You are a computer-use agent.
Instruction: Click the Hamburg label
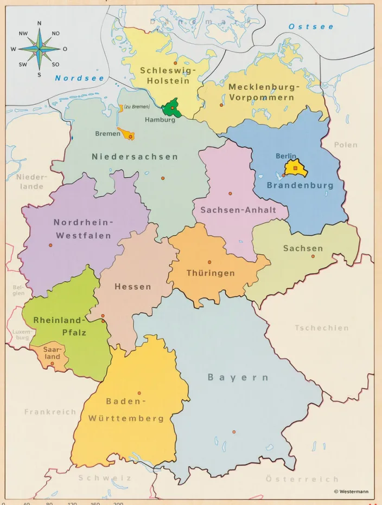pos(160,120)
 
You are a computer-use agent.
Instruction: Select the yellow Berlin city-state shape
pos(295,168)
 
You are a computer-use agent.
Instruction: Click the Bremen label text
pos(107,134)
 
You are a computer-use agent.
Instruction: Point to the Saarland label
pos(52,353)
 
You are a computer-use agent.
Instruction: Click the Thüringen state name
pos(211,273)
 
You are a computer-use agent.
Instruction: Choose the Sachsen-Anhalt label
pos(238,210)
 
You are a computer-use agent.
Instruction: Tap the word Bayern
pos(238,378)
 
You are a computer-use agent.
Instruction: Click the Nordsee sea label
pos(79,79)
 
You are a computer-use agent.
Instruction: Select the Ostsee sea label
pos(311,27)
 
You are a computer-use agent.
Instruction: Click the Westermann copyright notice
pos(351,491)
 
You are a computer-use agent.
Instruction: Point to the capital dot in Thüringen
pos(209,262)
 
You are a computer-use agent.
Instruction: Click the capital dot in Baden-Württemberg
pos(139,393)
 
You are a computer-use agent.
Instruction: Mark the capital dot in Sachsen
pos(313,256)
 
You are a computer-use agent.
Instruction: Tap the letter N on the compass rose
pos(39,23)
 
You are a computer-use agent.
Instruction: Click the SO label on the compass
pos(55,64)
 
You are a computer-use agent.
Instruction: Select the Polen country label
pos(346,145)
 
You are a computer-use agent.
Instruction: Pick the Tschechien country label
pos(322,328)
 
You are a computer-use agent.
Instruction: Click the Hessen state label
pos(132,287)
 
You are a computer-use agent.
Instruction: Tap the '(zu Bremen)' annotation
pos(137,107)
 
